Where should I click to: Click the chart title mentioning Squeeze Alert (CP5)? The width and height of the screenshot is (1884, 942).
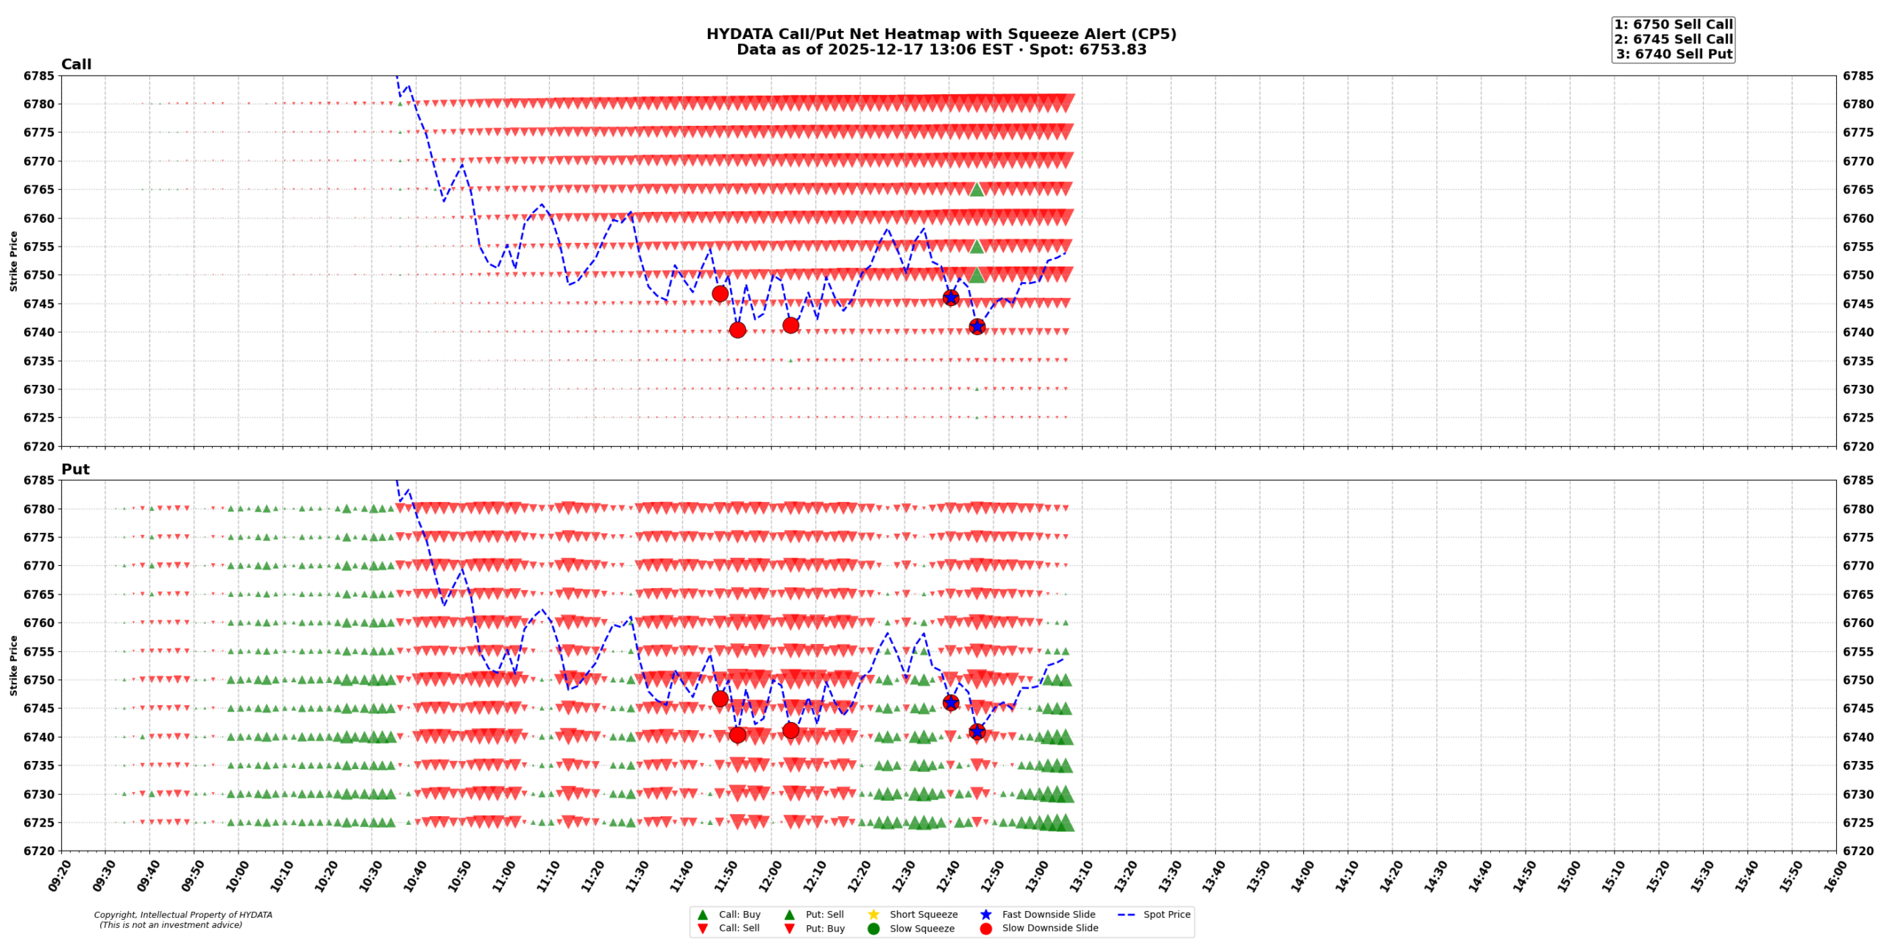(x=941, y=34)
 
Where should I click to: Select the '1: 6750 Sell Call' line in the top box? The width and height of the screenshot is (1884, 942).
(x=1673, y=24)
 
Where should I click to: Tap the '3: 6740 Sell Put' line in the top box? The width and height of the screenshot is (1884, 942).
(x=1674, y=54)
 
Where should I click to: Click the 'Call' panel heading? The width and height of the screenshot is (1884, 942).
(x=76, y=64)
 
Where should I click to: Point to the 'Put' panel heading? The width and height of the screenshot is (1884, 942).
(x=75, y=469)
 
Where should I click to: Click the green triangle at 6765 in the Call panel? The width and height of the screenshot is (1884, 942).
(x=977, y=189)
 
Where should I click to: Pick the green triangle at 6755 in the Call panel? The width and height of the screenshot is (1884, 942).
(x=977, y=247)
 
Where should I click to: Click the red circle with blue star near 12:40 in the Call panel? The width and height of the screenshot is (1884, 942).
(x=950, y=297)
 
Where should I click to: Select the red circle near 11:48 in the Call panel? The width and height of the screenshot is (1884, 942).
(x=720, y=294)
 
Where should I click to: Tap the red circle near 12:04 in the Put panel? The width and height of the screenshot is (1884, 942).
(x=790, y=730)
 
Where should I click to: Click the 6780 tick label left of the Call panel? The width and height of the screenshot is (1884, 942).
(x=39, y=104)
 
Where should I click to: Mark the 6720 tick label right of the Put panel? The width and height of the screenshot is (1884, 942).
(x=1858, y=851)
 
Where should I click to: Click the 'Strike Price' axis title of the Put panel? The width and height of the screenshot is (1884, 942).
(x=13, y=665)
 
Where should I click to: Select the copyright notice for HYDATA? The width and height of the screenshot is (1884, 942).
(x=183, y=919)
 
